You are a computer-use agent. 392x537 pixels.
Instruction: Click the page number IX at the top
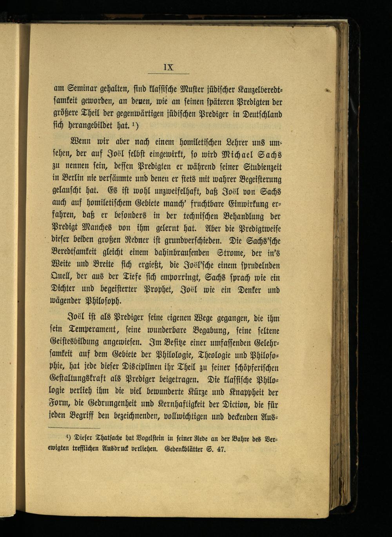169,67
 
